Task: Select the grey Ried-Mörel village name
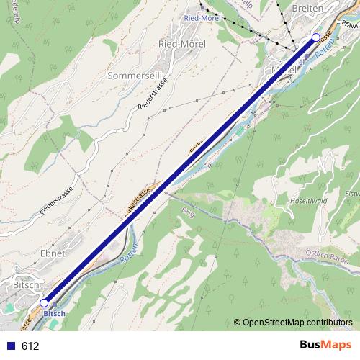click(181, 44)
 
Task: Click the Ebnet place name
click(53, 253)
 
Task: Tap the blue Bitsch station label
click(54, 315)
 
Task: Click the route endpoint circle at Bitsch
click(45, 304)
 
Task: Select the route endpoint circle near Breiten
click(315, 37)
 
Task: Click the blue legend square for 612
click(11, 346)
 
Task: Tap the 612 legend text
click(30, 346)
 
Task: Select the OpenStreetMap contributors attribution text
click(297, 323)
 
